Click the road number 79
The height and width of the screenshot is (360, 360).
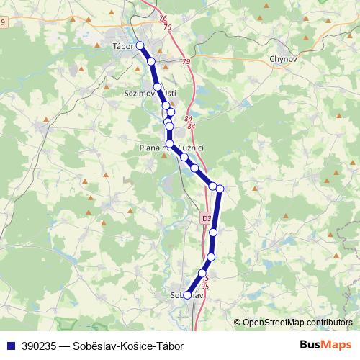tap(186, 63)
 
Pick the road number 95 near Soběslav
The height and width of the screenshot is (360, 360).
tap(205, 286)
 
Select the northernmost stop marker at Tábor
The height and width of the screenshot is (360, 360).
tap(140, 46)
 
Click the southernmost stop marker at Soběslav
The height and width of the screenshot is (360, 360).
tap(188, 294)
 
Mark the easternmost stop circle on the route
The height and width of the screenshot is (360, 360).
tap(220, 189)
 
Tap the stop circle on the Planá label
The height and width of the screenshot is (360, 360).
tap(170, 145)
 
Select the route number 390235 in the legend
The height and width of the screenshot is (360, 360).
tap(40, 346)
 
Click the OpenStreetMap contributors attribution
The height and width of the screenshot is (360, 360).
tap(297, 323)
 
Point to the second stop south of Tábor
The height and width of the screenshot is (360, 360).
tap(157, 87)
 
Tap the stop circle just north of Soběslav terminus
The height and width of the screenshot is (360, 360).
tap(202, 273)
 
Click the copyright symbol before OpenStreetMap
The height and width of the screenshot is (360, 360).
tap(237, 323)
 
